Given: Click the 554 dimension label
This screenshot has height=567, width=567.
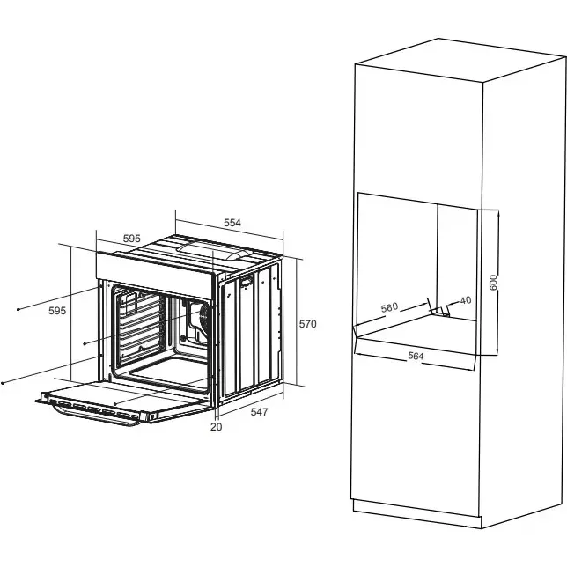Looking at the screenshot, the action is (232, 223).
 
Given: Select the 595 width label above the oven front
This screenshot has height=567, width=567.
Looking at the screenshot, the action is (132, 239).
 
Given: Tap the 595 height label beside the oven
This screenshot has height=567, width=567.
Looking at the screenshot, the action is (57, 311).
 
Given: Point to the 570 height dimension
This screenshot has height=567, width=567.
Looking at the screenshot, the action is (307, 324).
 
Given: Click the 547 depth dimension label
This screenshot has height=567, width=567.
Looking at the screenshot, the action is (259, 411).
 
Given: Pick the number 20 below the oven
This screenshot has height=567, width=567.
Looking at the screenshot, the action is (216, 427).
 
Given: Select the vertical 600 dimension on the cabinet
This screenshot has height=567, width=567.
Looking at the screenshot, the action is (493, 282).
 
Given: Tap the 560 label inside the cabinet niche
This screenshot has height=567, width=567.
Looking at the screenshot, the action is (389, 307).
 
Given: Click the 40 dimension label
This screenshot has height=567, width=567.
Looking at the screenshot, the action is (466, 300).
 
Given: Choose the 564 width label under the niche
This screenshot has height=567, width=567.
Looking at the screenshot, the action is (416, 356).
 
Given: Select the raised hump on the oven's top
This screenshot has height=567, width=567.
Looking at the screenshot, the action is (213, 250).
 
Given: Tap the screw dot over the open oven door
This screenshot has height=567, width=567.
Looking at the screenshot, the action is (115, 403).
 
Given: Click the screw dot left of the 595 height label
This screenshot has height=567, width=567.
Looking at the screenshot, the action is (18, 310).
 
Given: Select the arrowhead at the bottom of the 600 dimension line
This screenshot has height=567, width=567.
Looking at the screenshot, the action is (498, 352).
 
